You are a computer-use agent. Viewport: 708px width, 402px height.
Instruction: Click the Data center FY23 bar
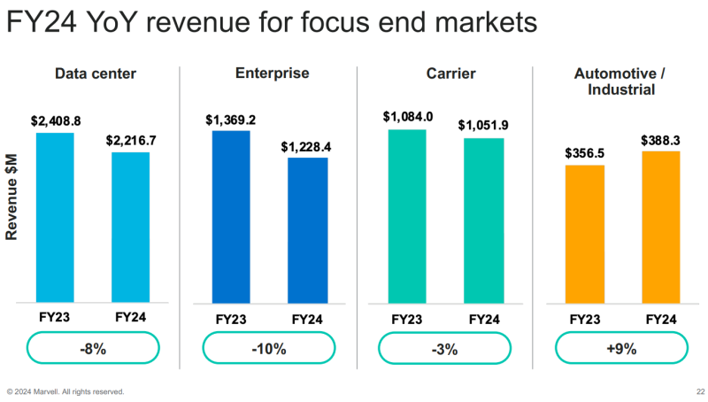pos(55,217)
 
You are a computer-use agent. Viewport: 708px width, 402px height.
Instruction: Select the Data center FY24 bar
pos(130,228)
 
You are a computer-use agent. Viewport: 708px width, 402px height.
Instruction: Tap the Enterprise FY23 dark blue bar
pos(231,217)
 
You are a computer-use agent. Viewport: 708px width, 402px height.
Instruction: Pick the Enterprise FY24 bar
pos(307,230)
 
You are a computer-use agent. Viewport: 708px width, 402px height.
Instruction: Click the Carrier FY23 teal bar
pos(407,216)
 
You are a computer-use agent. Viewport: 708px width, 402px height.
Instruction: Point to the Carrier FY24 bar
pos(483,220)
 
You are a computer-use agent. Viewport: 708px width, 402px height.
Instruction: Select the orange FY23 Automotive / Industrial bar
pos(584,234)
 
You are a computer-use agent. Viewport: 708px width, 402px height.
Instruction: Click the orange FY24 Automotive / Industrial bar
pos(660,227)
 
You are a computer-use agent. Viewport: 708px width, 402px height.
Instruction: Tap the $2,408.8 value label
pos(56,120)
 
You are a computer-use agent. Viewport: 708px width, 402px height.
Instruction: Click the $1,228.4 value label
pos(306,146)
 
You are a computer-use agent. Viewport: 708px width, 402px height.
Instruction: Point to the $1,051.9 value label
pos(483,126)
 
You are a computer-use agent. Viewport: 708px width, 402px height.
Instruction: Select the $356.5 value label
pos(585,153)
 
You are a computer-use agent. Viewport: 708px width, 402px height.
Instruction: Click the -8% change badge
pos(93,348)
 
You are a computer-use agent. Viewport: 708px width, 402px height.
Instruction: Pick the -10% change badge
pos(269,348)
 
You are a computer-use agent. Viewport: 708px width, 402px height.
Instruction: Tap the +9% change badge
pos(622,348)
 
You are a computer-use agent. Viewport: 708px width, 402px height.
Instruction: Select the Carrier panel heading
pos(445,73)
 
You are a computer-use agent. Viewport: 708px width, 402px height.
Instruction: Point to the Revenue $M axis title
pos(12,197)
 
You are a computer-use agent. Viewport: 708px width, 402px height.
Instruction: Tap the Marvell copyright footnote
pos(65,391)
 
